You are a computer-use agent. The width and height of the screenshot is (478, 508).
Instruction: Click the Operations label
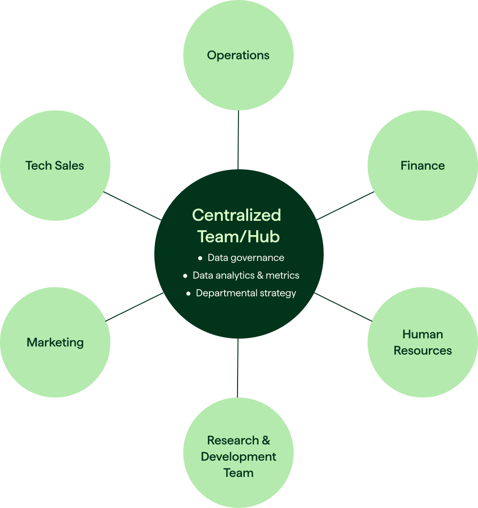pos(238,55)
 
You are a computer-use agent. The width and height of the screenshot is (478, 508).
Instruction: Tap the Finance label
pos(423,166)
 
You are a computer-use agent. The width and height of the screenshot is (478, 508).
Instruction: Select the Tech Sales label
pos(54,166)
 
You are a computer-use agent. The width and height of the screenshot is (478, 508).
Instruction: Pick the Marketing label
pos(55,343)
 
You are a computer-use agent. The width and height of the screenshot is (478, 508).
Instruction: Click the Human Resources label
pos(423,342)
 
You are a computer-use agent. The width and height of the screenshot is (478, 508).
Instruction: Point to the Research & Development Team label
pos(238,456)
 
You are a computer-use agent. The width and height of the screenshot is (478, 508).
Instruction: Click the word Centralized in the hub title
pos(237,215)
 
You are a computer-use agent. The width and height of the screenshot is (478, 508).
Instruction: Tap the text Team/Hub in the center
pos(239,236)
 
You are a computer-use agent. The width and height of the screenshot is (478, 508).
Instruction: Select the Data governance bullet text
pos(246,258)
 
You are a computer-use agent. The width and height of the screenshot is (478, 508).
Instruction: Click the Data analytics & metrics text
pos(246,276)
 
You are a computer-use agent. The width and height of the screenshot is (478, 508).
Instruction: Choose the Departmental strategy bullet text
pos(246,293)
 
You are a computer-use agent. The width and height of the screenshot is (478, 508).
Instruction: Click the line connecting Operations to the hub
pos(238,140)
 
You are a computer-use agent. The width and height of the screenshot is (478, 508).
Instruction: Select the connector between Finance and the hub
pos(345,206)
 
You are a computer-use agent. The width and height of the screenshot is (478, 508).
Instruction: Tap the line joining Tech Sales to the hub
pos(132,206)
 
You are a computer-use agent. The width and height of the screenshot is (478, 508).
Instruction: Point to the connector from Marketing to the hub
pos(134,307)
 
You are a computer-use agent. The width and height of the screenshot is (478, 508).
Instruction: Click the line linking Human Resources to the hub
pos(343,307)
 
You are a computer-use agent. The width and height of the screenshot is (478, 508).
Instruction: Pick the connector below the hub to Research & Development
pos(238,368)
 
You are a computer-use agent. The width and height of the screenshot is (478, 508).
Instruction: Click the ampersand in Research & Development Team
pos(265,440)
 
